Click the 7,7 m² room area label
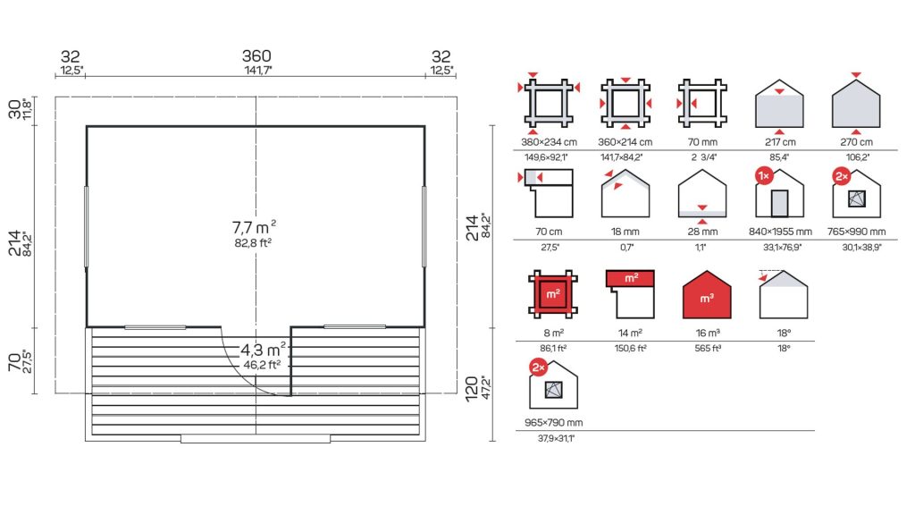point(254,226)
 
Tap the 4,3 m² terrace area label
point(264,350)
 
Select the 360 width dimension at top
point(256,56)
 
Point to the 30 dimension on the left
point(14,109)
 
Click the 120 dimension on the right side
point(472,389)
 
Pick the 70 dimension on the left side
point(14,362)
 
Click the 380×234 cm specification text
point(550,142)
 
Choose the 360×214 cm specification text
point(625,142)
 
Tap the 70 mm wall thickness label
point(702,142)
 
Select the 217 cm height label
point(780,142)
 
